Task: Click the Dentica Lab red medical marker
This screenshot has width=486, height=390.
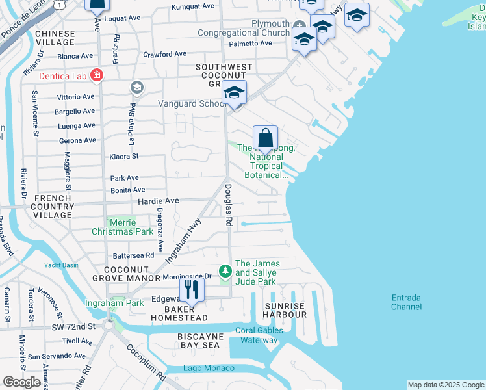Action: (x=97, y=76)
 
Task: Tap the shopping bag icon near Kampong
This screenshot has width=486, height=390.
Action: (x=265, y=138)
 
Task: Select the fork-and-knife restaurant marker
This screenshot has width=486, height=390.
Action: (x=191, y=289)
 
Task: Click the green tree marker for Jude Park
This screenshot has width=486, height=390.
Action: (x=225, y=269)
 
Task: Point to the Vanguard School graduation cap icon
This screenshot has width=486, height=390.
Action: (x=234, y=94)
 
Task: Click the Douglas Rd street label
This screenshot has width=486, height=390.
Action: (x=229, y=204)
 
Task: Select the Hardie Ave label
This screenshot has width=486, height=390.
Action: (x=158, y=201)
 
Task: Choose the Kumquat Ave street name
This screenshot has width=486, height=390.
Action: (x=192, y=6)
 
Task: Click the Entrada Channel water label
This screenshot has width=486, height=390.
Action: (x=406, y=302)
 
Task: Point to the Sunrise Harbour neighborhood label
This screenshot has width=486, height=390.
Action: (x=285, y=310)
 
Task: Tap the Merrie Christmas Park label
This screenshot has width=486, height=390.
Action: (x=122, y=227)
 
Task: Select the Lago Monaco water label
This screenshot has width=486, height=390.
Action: (x=208, y=369)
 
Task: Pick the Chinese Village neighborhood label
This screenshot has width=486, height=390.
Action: (x=55, y=37)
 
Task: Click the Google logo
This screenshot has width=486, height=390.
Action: (x=22, y=382)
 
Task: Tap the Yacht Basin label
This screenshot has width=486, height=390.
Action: (x=61, y=265)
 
